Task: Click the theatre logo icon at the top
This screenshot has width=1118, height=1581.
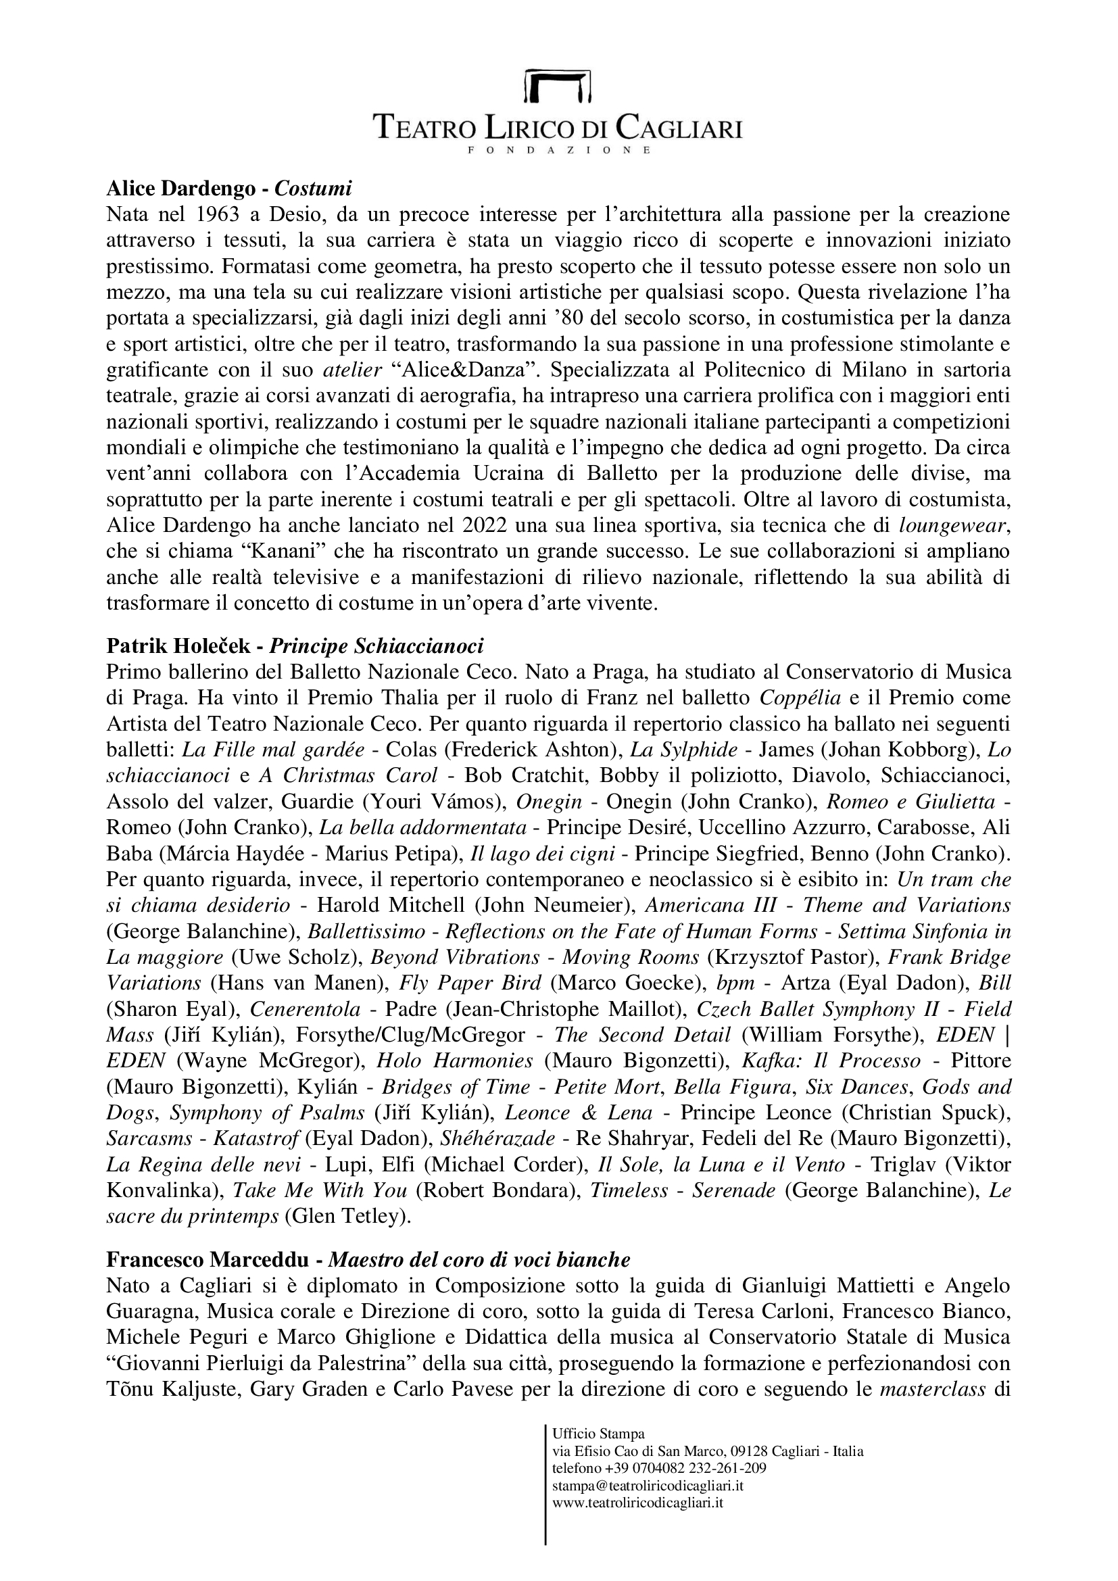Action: (558, 85)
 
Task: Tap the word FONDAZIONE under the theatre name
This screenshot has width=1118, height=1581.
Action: (558, 149)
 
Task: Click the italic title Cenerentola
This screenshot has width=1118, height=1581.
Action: (305, 1009)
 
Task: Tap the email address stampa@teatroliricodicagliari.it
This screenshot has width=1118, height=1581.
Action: (648, 1486)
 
